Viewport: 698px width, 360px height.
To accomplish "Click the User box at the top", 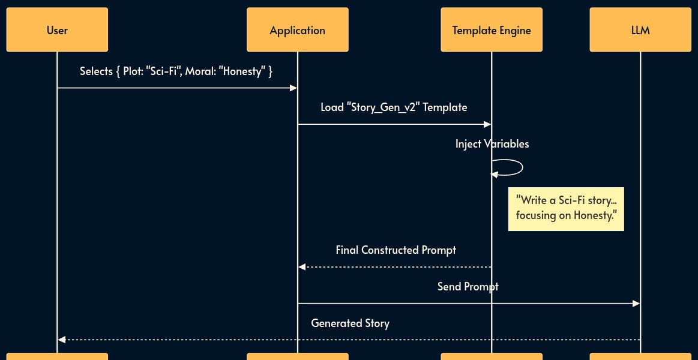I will [57, 30].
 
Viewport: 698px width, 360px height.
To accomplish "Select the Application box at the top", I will [297, 30].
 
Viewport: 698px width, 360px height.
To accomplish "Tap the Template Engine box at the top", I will [491, 30].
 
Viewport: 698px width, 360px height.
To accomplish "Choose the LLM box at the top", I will [640, 30].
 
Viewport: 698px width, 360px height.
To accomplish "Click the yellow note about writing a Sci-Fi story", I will [566, 208].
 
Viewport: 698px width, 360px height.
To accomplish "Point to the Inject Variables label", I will [492, 144].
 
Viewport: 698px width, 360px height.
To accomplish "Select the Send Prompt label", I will [468, 287].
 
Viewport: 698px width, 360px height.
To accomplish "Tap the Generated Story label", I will [350, 323].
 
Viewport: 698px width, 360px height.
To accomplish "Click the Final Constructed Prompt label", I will [396, 250].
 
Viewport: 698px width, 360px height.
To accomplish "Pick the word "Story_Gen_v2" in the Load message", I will [384, 107].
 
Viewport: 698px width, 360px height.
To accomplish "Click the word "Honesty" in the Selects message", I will [242, 71].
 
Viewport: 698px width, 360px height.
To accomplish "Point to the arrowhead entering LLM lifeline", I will [636, 304].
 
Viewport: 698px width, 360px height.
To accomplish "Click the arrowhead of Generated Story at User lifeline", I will [61, 340].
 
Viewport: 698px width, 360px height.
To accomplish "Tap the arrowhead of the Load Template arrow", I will [487, 124].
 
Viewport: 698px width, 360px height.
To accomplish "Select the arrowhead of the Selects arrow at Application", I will [293, 88].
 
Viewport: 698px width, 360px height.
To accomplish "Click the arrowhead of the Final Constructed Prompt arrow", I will [302, 266].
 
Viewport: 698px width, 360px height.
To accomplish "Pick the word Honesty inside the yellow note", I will [594, 216].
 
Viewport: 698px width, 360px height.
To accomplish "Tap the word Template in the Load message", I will [445, 107].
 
